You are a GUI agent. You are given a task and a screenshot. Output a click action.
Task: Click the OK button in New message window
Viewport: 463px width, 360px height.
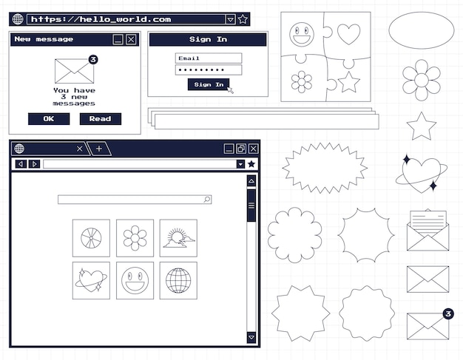click(x=48, y=119)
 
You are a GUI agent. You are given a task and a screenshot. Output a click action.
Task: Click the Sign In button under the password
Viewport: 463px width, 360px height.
click(x=209, y=85)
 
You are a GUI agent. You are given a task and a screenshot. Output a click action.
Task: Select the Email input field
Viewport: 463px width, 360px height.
click(x=209, y=58)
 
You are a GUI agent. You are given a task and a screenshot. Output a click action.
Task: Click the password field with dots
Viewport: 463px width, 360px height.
click(x=209, y=70)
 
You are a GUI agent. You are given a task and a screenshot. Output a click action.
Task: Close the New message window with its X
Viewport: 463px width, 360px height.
click(x=131, y=39)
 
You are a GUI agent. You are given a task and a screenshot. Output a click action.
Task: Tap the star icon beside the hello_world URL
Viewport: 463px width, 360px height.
click(x=243, y=19)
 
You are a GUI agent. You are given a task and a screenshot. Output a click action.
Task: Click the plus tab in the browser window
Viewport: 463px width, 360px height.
click(x=99, y=149)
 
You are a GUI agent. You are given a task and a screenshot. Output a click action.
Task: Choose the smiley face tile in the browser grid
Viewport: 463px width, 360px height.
click(x=135, y=280)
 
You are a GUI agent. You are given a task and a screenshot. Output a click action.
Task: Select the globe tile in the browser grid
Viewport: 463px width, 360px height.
click(x=178, y=280)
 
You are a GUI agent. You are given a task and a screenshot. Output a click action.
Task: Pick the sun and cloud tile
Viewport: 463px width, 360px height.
click(x=178, y=238)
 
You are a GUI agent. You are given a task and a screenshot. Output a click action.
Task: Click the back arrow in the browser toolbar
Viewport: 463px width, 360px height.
click(x=21, y=164)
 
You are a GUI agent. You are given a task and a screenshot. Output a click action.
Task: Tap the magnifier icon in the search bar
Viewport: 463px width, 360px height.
click(x=207, y=200)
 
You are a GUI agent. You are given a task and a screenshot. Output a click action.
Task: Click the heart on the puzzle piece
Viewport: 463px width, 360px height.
click(x=348, y=34)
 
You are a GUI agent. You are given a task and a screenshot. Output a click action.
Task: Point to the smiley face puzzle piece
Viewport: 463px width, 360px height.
click(x=302, y=34)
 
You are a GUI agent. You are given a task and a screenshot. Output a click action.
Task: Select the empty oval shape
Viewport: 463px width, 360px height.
click(x=421, y=30)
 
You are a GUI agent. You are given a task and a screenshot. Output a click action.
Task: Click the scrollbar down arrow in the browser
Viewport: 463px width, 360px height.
click(x=251, y=337)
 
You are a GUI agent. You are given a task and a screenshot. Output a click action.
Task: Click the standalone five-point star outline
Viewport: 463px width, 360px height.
click(x=422, y=126)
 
